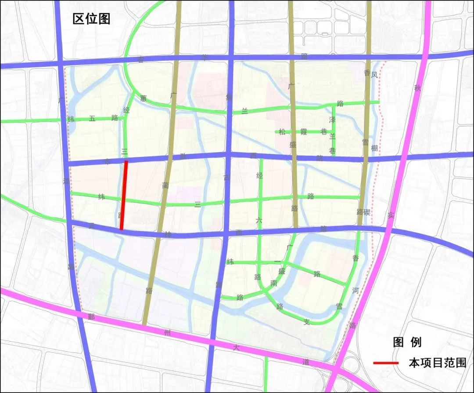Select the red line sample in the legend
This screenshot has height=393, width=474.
tap(386, 363)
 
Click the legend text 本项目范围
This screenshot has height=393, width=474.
tap(437, 363)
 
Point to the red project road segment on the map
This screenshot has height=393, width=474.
tap(124, 195)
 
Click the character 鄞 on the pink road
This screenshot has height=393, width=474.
tap(91, 317)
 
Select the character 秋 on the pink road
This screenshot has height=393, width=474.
tap(417, 88)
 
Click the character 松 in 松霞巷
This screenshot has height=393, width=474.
tap(282, 131)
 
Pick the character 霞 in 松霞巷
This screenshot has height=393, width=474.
tap(303, 131)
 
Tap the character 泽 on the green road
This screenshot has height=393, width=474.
tap(332, 120)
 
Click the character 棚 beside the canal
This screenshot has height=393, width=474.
tap(374, 148)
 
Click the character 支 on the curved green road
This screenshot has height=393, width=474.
tap(307, 322)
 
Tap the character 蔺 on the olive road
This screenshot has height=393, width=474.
tap(165, 186)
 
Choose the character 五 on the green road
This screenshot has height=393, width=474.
tap(92, 118)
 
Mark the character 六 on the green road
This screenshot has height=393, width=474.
tap(259, 222)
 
